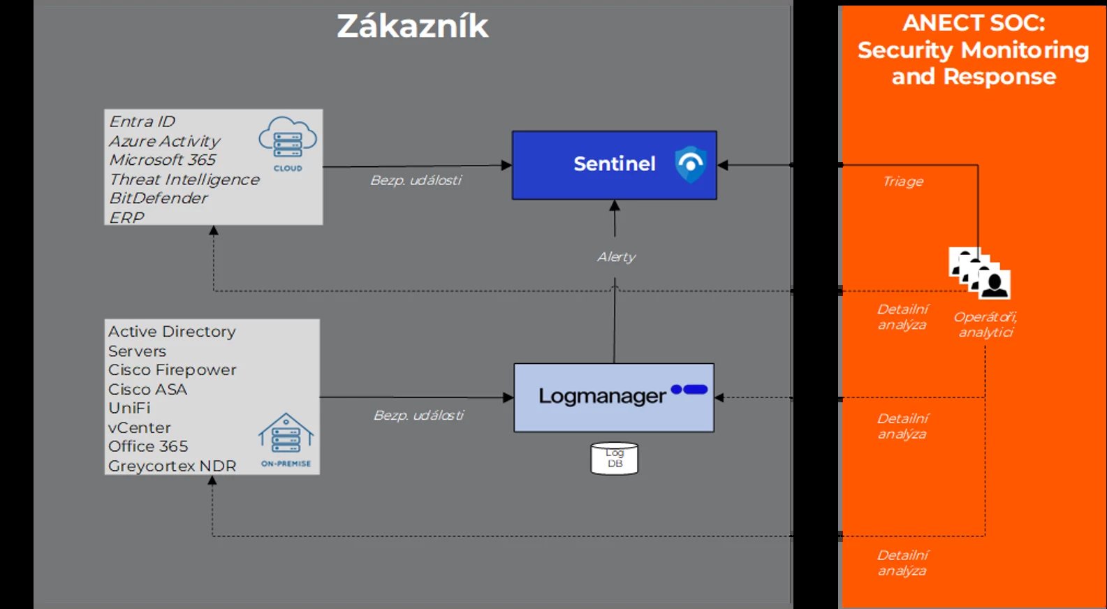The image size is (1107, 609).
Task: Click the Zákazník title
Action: click(x=412, y=27)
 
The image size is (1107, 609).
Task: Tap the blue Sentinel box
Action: click(x=613, y=165)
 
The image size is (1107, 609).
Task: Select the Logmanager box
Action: click(x=613, y=397)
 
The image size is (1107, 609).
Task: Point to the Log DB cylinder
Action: click(x=614, y=459)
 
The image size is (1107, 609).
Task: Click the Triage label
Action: click(x=902, y=182)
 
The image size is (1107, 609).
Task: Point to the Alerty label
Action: click(x=616, y=257)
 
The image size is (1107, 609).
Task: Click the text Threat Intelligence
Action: click(x=184, y=179)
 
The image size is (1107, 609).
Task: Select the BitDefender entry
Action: click(x=158, y=198)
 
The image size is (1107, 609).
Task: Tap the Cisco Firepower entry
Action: click(x=172, y=370)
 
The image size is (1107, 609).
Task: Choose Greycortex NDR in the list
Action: click(x=172, y=466)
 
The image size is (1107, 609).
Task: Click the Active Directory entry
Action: click(x=172, y=332)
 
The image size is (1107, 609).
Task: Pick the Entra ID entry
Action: click(x=142, y=122)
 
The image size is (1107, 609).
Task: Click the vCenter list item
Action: click(x=139, y=427)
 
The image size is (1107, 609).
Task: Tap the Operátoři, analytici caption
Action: click(x=985, y=324)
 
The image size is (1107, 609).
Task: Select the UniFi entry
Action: click(x=129, y=408)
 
